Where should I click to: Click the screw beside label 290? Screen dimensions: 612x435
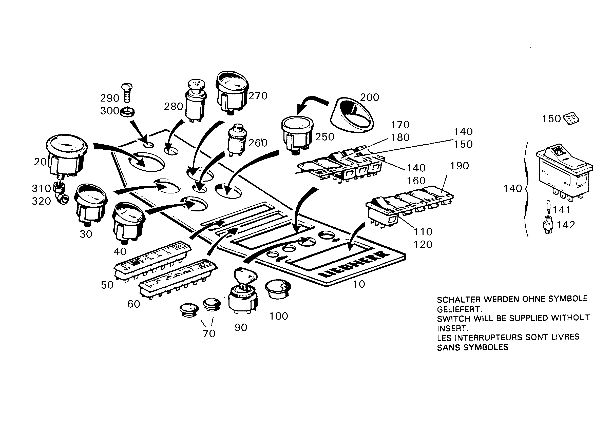point(127,92)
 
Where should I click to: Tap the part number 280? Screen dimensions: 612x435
point(173,107)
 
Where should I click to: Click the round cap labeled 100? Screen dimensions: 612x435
point(278,290)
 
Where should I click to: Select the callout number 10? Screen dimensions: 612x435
point(359,284)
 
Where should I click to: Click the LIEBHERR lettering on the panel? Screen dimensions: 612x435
point(353,264)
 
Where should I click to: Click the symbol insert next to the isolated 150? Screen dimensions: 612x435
point(571,119)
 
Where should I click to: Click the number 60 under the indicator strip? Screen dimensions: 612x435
point(134,304)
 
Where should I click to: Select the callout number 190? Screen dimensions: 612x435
point(459,166)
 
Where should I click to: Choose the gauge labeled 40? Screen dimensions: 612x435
point(129,222)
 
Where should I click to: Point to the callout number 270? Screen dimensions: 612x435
point(258,96)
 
